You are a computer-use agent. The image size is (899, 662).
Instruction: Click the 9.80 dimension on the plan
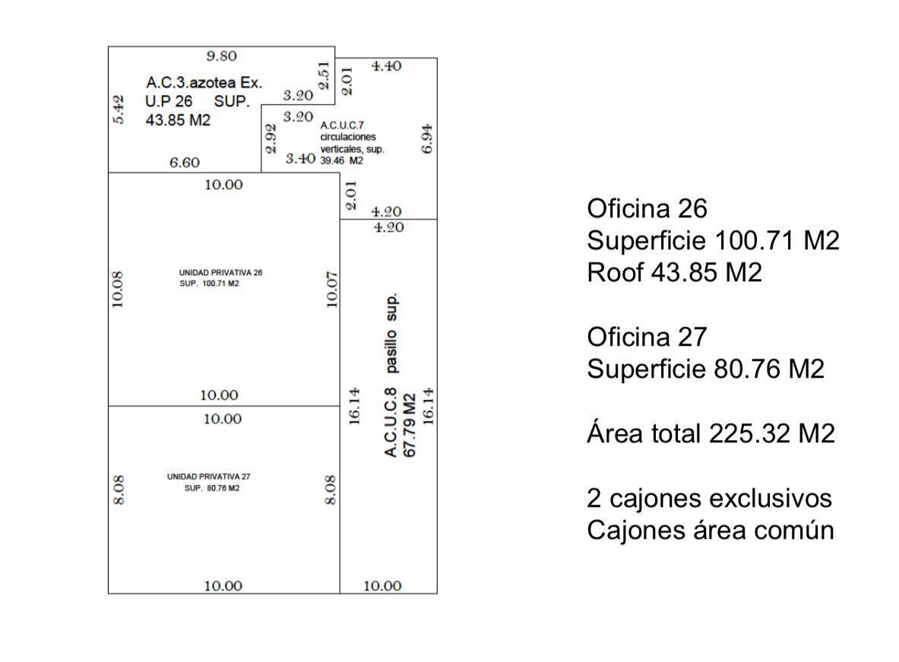(x=221, y=56)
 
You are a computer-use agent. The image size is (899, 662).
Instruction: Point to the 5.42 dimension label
(x=118, y=109)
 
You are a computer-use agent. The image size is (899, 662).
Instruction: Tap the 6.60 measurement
(x=185, y=163)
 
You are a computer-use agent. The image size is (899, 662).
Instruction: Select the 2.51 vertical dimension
(x=324, y=75)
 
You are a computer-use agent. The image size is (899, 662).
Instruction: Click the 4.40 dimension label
(x=387, y=66)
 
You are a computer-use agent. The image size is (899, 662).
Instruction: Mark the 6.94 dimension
(x=427, y=139)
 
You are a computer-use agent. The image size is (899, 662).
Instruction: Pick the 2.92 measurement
(x=271, y=139)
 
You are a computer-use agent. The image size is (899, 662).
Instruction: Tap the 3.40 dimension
(x=300, y=158)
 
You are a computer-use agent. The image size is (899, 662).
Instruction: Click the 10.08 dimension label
(x=118, y=290)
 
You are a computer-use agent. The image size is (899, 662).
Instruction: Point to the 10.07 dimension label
(x=332, y=290)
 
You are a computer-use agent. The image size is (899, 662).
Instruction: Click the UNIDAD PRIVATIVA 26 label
(x=220, y=273)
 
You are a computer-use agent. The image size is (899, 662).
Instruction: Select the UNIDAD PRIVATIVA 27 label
(x=209, y=476)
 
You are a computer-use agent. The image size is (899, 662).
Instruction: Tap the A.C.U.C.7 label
(x=342, y=125)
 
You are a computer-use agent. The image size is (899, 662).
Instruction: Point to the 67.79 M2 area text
(x=410, y=425)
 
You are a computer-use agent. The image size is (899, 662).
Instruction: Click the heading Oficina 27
(x=647, y=337)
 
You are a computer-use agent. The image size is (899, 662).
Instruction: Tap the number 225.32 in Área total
(x=742, y=433)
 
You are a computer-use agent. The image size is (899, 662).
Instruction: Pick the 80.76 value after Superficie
(x=747, y=369)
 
